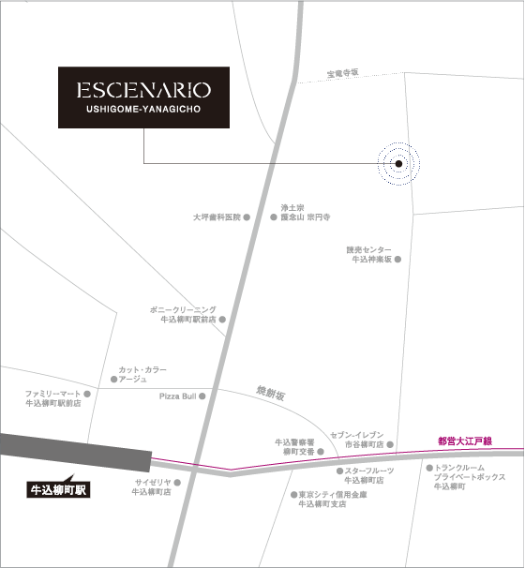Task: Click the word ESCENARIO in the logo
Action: [143, 91]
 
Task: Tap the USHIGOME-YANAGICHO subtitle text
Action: [143, 110]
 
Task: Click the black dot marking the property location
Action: [398, 164]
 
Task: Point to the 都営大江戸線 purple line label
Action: [465, 440]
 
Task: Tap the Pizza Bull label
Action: [176, 396]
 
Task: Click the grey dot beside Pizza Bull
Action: [202, 396]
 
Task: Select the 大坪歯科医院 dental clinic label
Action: [217, 217]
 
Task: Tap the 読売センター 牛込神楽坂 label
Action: [370, 255]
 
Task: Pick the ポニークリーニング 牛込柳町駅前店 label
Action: [183, 314]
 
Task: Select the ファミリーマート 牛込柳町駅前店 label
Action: [52, 397]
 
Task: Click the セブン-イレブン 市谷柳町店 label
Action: [357, 440]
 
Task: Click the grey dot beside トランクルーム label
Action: [429, 468]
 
